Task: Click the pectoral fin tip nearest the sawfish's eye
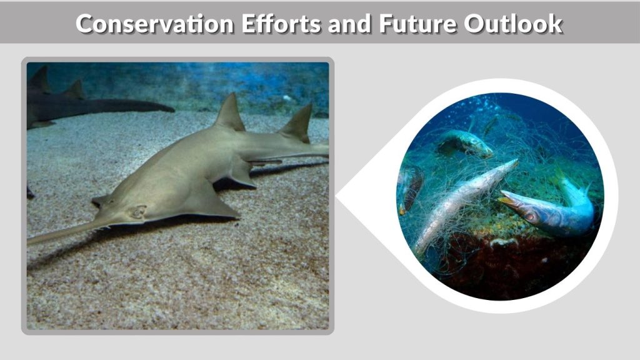click(100, 201)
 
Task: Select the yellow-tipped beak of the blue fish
click(507, 199)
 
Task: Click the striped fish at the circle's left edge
click(410, 187)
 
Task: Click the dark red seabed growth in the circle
click(500, 269)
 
